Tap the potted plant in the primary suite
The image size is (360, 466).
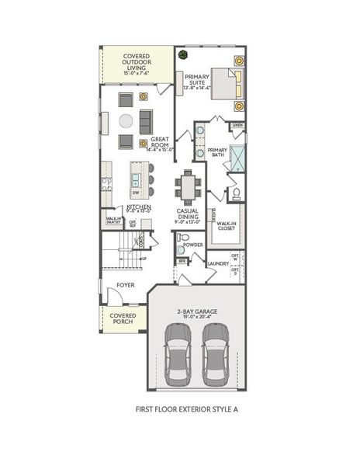[184, 55]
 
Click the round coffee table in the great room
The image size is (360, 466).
[126, 120]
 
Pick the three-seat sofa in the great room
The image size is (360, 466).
[145, 120]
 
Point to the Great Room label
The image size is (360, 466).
[161, 143]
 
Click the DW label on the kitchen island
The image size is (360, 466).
[136, 192]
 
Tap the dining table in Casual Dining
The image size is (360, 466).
[187, 186]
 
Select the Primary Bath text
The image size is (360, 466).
[217, 152]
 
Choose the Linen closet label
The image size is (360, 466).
[237, 125]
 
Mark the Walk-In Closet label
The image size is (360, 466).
[227, 225]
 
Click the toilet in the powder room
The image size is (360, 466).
[182, 237]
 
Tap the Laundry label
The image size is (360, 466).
[218, 263]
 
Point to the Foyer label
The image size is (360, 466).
[126, 285]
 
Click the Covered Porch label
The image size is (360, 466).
[123, 318]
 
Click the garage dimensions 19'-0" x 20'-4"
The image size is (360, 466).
[196, 317]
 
